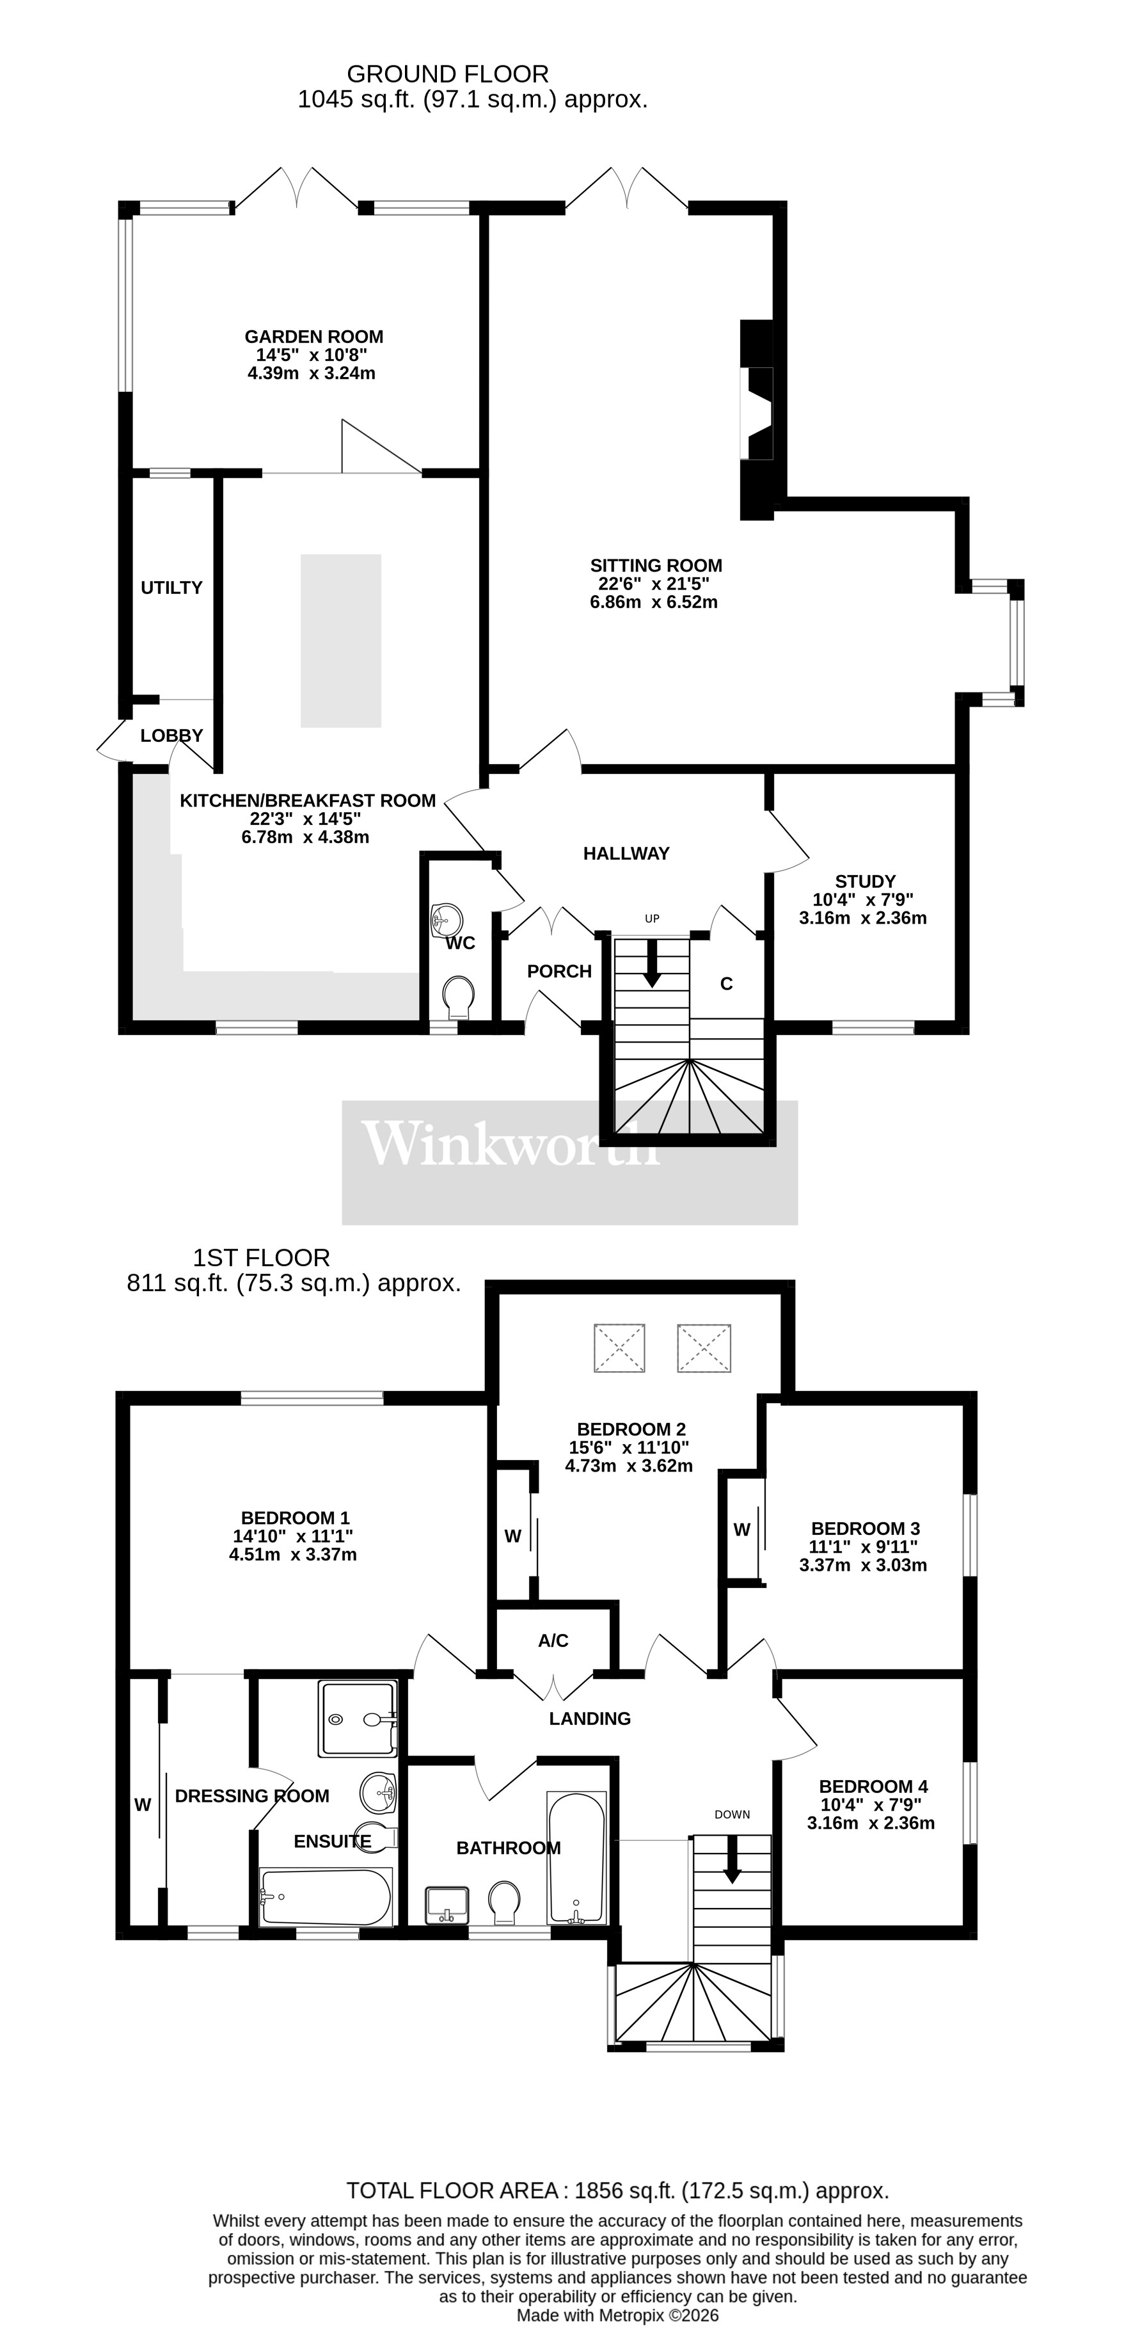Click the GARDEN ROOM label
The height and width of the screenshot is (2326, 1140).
coord(313,337)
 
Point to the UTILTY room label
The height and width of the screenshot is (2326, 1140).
coord(171,588)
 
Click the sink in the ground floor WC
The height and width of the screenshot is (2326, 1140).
coord(446,920)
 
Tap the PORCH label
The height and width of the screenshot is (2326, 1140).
coord(558,972)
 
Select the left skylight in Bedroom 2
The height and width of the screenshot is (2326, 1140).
coord(619,1348)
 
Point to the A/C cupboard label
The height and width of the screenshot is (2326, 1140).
coord(553,1640)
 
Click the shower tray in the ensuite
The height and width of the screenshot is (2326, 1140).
coord(358,1719)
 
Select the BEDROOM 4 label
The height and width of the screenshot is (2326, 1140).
coord(873,1786)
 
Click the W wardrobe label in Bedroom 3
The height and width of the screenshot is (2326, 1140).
coord(741,1530)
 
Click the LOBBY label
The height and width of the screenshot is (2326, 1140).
coord(171,736)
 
